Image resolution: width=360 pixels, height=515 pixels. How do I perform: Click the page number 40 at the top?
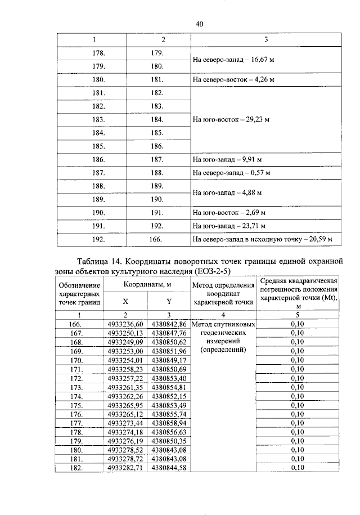(x=199, y=23)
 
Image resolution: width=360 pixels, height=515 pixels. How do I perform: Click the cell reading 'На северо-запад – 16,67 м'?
(x=229, y=60)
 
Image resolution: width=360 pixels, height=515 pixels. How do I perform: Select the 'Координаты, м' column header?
(x=148, y=285)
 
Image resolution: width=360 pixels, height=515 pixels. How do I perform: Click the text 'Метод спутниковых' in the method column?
(x=224, y=325)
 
